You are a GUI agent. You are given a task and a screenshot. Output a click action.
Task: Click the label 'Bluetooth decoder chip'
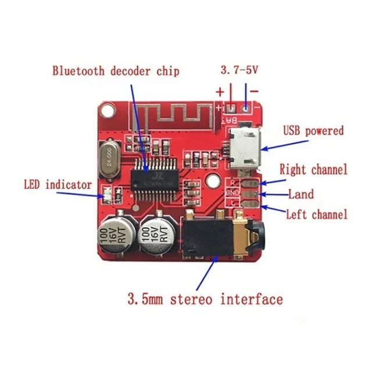(x=116, y=71)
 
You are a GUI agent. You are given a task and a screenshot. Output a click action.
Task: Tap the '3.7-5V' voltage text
(x=239, y=70)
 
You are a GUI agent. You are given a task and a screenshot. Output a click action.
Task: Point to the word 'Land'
(x=301, y=194)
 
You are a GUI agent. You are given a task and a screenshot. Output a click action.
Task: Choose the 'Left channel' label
(x=316, y=214)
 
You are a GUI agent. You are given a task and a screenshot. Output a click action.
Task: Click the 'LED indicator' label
(x=58, y=185)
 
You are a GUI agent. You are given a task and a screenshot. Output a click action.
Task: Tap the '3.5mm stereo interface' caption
(x=205, y=300)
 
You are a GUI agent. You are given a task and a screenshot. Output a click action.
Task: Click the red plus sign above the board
(x=220, y=92)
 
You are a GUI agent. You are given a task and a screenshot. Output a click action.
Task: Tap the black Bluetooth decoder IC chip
(x=151, y=176)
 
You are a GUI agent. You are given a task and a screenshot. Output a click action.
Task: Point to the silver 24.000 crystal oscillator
(x=109, y=161)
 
